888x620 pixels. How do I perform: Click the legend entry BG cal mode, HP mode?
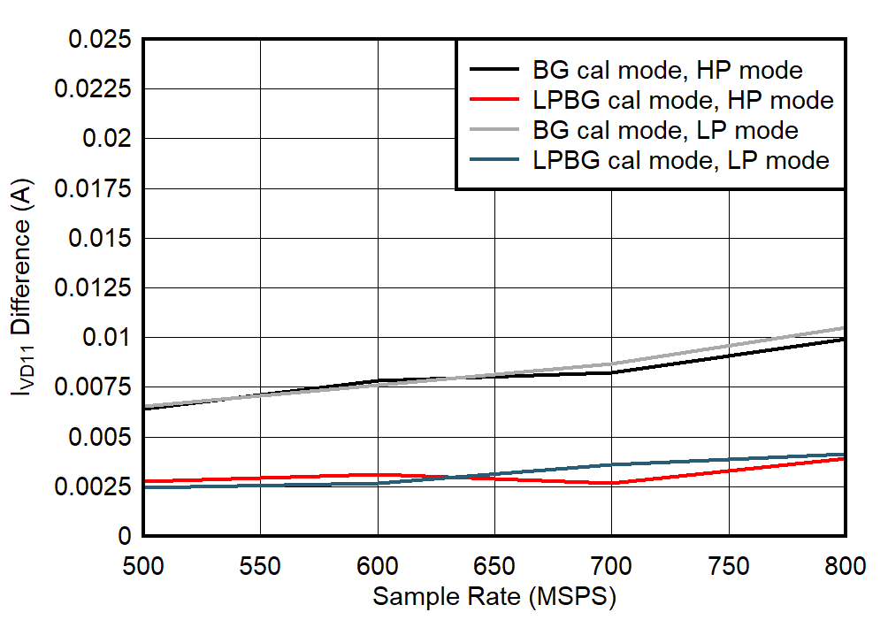668,70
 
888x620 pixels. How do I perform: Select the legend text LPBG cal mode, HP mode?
683,100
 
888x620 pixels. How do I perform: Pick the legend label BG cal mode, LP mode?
666,130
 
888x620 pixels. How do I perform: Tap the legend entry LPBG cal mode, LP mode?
681,160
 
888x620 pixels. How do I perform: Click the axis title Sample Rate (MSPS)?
494,596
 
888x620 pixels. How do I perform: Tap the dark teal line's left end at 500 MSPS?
144,487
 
